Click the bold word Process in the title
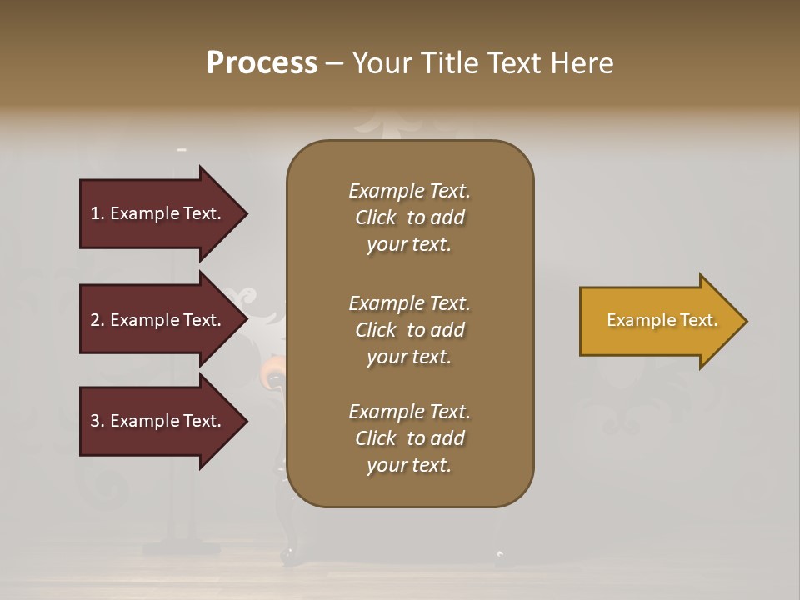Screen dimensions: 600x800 pyautogui.click(x=262, y=63)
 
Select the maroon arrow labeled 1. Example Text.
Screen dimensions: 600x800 pyautogui.click(x=158, y=213)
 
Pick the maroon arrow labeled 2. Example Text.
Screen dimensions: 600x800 pyautogui.click(x=158, y=320)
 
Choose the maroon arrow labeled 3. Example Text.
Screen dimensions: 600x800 pyautogui.click(x=158, y=421)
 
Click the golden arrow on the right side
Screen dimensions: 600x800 pyautogui.click(x=658, y=321)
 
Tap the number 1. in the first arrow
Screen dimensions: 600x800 pyautogui.click(x=97, y=213)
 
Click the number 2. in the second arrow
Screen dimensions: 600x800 pyautogui.click(x=97, y=320)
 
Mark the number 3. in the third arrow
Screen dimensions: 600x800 pyautogui.click(x=97, y=421)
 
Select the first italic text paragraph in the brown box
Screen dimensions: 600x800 pyautogui.click(x=409, y=217)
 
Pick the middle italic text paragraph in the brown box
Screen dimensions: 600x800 pyautogui.click(x=409, y=330)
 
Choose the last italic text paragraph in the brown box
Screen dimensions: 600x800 pyautogui.click(x=409, y=438)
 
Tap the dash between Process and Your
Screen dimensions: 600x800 pyautogui.click(x=334, y=63)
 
